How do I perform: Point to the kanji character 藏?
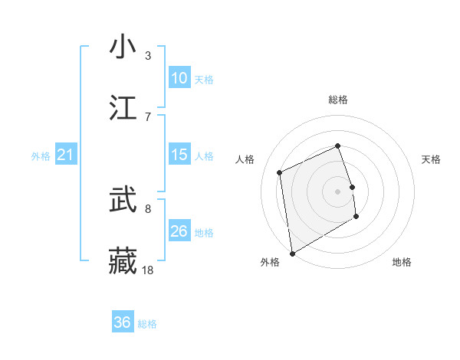coord(123,260)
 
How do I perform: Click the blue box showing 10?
coord(179,78)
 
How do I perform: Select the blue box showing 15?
coord(179,155)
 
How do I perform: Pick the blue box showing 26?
coord(179,232)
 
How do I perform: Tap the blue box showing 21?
coord(65,155)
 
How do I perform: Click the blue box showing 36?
coord(123,322)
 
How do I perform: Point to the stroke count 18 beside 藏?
coord(148,270)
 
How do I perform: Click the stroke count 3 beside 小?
coord(148,56)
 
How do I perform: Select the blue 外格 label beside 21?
coord(41,156)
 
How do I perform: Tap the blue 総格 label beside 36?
coord(147,324)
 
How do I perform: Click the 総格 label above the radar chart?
coord(338,100)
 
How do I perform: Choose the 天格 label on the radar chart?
coord(432,159)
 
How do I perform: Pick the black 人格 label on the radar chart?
coord(245,159)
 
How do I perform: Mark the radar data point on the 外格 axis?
coord(292,253)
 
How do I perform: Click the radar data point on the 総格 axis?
coord(338,146)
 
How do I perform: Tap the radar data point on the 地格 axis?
coord(356,217)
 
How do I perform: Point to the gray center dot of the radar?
coord(338,191)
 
